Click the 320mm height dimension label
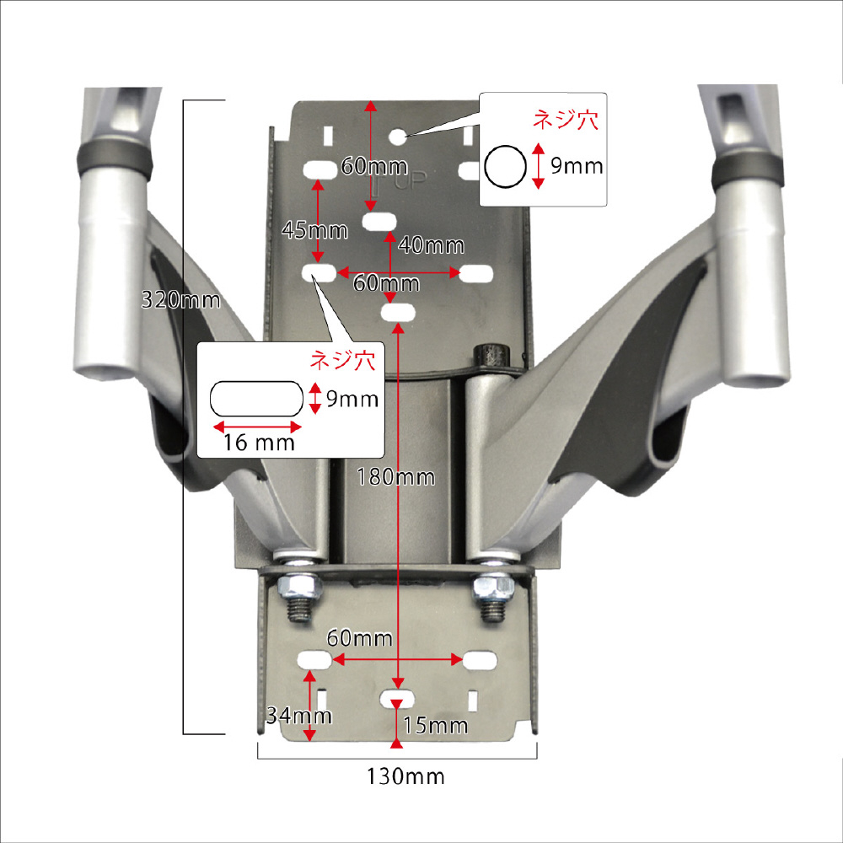click(x=180, y=299)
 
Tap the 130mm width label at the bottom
click(x=405, y=776)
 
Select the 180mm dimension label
click(x=396, y=477)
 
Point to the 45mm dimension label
click(x=315, y=231)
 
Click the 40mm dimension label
click(x=431, y=245)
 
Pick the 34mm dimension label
click(x=299, y=715)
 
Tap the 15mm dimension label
click(x=436, y=725)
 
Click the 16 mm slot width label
click(x=259, y=443)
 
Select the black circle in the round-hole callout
click(x=505, y=167)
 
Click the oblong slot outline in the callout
click(x=256, y=399)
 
